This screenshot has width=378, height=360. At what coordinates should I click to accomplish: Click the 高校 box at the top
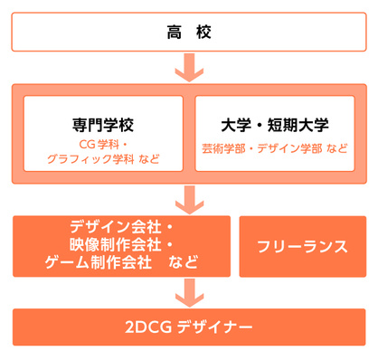189,33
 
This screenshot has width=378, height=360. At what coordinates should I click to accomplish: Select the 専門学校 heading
102,124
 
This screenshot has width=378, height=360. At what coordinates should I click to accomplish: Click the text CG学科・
102,144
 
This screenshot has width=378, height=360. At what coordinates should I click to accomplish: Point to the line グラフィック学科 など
102,159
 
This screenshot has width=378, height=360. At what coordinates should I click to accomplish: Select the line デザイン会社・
121,228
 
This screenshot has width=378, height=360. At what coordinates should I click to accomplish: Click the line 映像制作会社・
121,245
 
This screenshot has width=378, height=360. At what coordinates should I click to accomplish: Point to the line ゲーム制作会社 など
121,263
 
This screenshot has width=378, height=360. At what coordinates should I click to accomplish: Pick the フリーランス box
302,246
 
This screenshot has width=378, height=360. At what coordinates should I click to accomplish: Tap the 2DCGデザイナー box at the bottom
189,327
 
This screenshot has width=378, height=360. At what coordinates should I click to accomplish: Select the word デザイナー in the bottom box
213,327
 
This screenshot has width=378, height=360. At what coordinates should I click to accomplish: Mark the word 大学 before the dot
234,124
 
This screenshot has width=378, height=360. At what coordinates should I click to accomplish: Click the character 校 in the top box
203,33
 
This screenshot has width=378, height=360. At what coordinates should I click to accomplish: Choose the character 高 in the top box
175,33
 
